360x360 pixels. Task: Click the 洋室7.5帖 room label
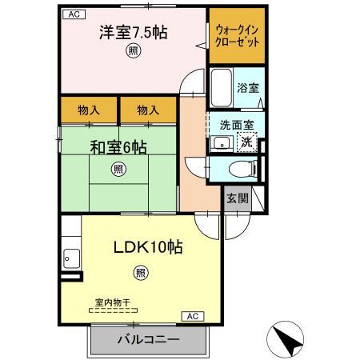[x=134, y=33]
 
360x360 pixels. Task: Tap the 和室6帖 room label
[x=118, y=147]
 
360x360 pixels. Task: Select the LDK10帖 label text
[x=148, y=247]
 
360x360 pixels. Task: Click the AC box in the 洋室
[x=74, y=14]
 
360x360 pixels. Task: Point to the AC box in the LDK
[x=193, y=316]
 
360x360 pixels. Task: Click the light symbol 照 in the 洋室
[x=133, y=50]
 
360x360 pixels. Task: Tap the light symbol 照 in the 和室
[x=118, y=169]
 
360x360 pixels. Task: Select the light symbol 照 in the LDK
[x=141, y=273]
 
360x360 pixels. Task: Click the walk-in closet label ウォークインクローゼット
[x=237, y=36]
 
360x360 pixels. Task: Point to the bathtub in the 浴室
[x=222, y=87]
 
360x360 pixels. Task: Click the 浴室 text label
[x=248, y=88]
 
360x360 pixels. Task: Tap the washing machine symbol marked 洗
[x=247, y=142]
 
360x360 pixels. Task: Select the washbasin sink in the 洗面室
[x=222, y=143]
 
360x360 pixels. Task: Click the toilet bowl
[x=242, y=169]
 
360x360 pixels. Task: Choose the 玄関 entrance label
[x=238, y=198]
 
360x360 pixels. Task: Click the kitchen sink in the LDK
[x=72, y=258]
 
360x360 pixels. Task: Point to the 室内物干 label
[x=113, y=302]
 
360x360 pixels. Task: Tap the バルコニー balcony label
[x=149, y=340]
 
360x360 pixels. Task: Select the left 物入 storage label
[x=89, y=110]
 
